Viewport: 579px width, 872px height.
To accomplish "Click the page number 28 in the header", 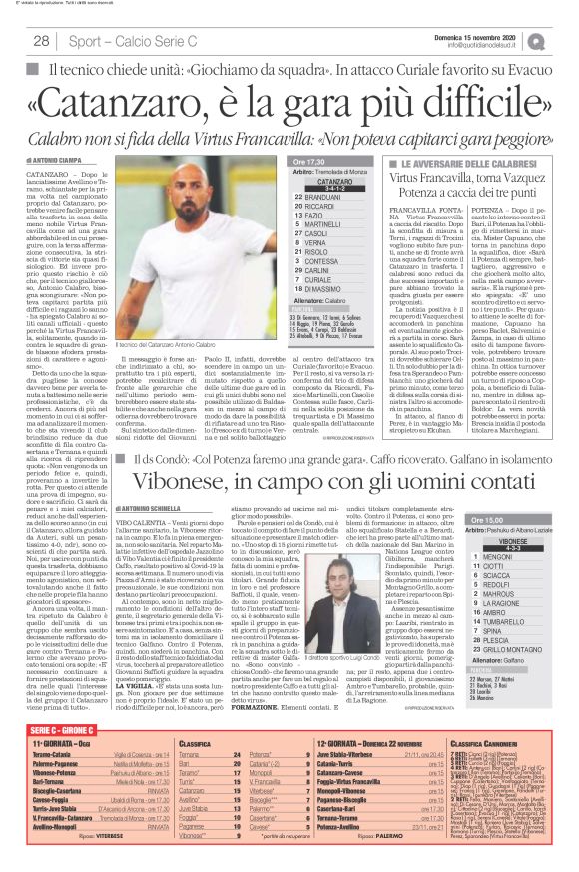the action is [x=41, y=41].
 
